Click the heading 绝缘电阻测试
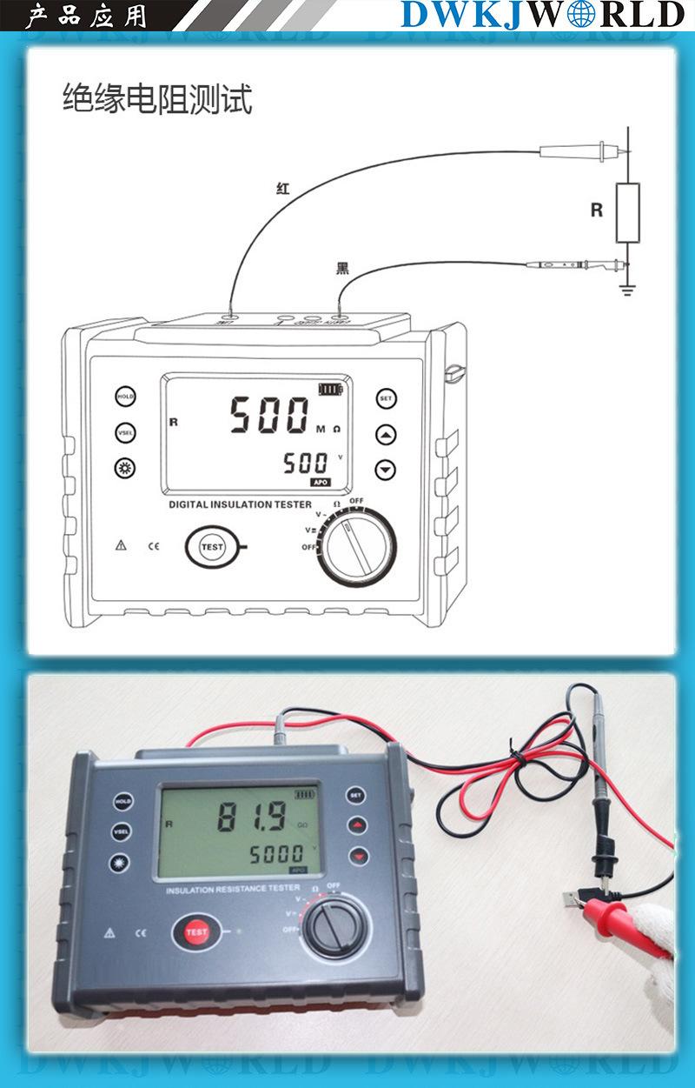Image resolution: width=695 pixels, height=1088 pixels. [157, 100]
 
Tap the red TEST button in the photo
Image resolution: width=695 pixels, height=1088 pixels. [196, 932]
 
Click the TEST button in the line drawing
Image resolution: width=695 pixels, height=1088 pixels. [211, 547]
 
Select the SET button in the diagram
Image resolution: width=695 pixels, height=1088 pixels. [386, 399]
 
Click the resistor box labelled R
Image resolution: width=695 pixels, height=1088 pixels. [627, 213]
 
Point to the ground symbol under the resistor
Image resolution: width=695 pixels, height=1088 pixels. [627, 288]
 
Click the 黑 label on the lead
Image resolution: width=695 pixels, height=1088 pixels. [342, 268]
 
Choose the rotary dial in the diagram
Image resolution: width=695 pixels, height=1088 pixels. [355, 547]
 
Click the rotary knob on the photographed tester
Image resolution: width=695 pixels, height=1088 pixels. [332, 928]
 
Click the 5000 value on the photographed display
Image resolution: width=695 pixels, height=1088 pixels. [277, 854]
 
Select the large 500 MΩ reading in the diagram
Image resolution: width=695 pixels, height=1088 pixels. [269, 415]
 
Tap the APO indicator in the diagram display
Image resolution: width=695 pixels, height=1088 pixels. [321, 481]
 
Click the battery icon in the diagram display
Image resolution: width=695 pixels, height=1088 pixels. [330, 389]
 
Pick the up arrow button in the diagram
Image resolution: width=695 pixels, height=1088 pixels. [386, 434]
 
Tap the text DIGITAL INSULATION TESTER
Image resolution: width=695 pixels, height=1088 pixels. [234, 504]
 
